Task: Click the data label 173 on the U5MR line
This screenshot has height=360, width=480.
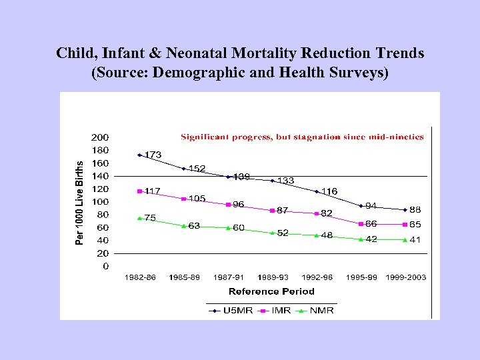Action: pyautogui.click(x=153, y=155)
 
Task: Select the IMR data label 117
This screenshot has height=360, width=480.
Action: pyautogui.click(x=152, y=191)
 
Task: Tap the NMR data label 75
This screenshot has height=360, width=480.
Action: pyautogui.click(x=150, y=217)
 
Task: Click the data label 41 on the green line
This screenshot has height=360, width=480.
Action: pyautogui.click(x=415, y=239)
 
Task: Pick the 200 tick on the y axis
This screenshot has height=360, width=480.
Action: pyautogui.click(x=101, y=137)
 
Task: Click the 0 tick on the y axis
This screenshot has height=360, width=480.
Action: pyautogui.click(x=106, y=266)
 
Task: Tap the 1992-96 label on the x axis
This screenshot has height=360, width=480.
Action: pyautogui.click(x=317, y=277)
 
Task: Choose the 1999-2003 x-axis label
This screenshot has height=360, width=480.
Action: pyautogui.click(x=405, y=277)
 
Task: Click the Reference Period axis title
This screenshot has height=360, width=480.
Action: pyautogui.click(x=271, y=291)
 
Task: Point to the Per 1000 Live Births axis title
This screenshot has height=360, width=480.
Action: pyautogui.click(x=80, y=202)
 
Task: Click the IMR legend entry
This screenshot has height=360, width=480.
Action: pyautogui.click(x=274, y=311)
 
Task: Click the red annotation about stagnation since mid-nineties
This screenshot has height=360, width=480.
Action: pyautogui.click(x=302, y=137)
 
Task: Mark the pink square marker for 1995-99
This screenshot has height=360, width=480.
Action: pyautogui.click(x=361, y=223)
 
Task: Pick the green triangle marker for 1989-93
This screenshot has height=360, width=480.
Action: pyautogui.click(x=273, y=233)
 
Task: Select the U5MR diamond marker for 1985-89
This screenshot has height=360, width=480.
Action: pyautogui.click(x=184, y=169)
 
